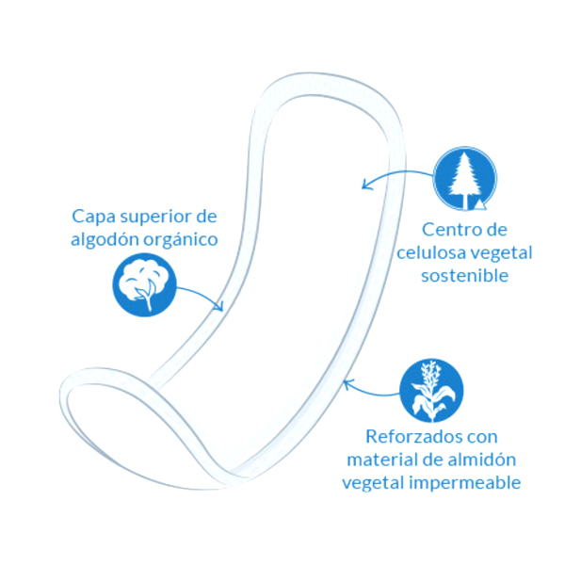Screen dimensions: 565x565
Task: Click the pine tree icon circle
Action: (464, 177)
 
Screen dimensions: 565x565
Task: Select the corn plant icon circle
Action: (431, 390)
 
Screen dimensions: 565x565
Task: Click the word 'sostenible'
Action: (465, 276)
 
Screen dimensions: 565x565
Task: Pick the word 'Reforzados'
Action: (407, 437)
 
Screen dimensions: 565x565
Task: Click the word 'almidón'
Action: (481, 460)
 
